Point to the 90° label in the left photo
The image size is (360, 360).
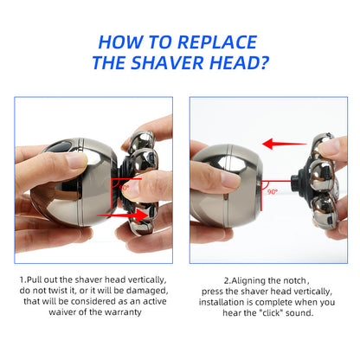pyautogui.click(x=124, y=185)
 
